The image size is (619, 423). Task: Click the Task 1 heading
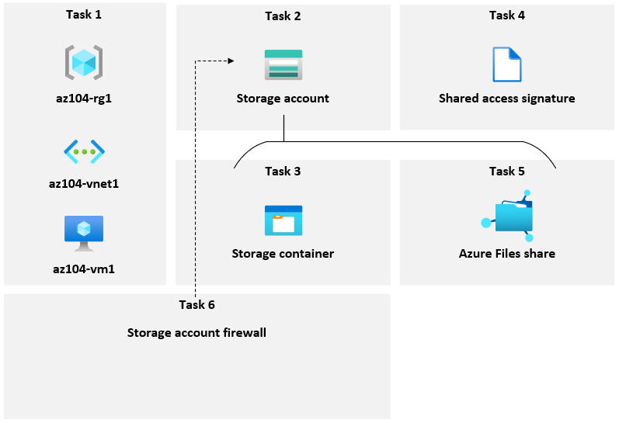84,16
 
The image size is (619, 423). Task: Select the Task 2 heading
283,16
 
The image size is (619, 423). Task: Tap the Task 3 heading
283,171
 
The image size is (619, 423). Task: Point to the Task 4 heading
507,16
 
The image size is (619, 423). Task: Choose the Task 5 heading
507,171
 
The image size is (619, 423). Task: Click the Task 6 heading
196,304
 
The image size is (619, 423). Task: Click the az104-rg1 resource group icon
84,62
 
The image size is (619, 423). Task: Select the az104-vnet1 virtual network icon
84,151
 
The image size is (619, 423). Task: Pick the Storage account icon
283,65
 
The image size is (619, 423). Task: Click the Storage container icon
283,220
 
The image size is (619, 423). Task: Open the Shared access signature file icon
507,64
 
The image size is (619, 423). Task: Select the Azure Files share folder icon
509,215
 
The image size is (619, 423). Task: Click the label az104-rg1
84,99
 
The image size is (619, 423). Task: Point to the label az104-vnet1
84,184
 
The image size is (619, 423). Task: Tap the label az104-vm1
84,269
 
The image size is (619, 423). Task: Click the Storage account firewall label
196,333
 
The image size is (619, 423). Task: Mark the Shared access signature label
507,99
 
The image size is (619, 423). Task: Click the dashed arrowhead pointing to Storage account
231,60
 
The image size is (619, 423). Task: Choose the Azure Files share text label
507,254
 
